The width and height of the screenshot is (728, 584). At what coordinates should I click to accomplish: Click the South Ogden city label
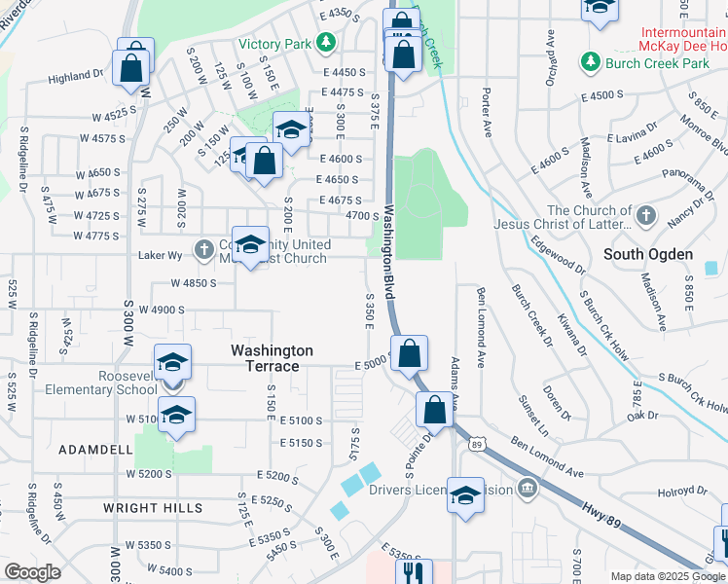coord(648,254)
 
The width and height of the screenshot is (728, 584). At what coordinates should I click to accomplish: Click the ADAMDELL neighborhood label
coord(95,451)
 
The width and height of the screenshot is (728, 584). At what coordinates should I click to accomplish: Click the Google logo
coord(32,572)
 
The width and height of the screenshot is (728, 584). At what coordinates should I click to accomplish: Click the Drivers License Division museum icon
coord(528,488)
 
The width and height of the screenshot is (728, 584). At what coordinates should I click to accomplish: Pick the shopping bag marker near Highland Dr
coord(128,68)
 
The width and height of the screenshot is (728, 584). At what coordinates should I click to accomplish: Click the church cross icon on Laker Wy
coord(204,250)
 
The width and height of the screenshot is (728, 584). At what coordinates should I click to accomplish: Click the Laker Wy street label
coord(160,256)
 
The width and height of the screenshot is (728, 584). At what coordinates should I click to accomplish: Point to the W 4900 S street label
coord(161,309)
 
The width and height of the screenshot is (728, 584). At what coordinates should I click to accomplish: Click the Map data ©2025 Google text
coord(668,576)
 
